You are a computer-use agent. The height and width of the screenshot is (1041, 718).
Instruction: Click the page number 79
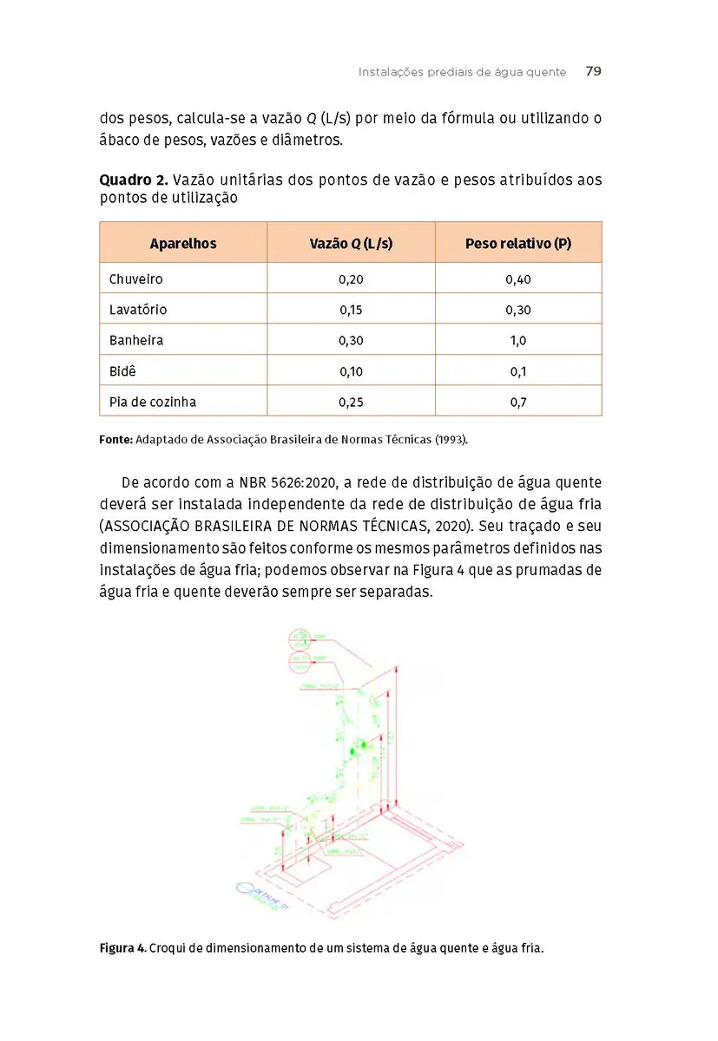(593, 72)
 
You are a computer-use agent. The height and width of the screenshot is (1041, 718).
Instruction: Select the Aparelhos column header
(183, 243)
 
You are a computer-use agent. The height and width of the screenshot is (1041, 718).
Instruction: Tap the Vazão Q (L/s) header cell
(351, 243)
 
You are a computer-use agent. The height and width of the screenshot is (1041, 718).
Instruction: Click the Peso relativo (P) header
(517, 243)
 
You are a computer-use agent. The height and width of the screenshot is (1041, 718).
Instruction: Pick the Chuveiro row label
(136, 279)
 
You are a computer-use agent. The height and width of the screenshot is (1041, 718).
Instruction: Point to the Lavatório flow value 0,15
(351, 310)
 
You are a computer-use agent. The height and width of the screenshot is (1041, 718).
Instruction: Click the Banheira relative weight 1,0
(518, 341)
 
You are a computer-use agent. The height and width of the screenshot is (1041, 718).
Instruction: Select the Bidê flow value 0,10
(351, 371)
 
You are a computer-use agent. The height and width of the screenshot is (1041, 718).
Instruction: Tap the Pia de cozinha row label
(153, 402)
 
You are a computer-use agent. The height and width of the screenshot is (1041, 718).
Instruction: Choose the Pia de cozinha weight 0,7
(518, 402)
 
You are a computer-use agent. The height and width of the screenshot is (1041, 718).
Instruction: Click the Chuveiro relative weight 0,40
(518, 279)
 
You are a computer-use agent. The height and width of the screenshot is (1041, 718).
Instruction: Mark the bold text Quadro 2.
(133, 180)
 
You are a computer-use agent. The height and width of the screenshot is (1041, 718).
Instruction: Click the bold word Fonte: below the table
(116, 440)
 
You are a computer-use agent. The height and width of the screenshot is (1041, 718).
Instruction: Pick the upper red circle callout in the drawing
(300, 639)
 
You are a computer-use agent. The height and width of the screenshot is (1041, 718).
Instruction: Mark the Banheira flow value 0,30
(351, 341)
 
